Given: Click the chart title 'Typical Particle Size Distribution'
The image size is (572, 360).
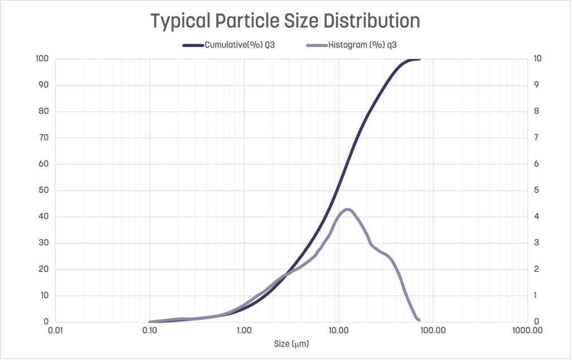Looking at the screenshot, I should [x=285, y=21].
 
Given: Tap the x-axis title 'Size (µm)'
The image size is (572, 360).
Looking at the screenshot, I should [x=291, y=344].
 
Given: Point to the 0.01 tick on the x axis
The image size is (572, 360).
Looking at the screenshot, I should [x=55, y=330].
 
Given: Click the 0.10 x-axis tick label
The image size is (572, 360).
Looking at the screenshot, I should [x=149, y=330].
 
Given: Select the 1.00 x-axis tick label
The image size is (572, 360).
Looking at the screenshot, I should [x=244, y=330].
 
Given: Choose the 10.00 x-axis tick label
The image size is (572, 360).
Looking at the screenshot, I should [x=338, y=330].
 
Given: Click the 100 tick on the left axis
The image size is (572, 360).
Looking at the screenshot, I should [x=42, y=59].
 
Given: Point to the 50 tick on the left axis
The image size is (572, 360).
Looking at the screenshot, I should [x=44, y=190].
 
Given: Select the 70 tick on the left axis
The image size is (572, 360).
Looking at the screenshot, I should [x=44, y=138].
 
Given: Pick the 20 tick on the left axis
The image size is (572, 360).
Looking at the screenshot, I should [x=44, y=270].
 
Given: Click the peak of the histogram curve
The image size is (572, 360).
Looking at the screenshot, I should [x=347, y=209].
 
